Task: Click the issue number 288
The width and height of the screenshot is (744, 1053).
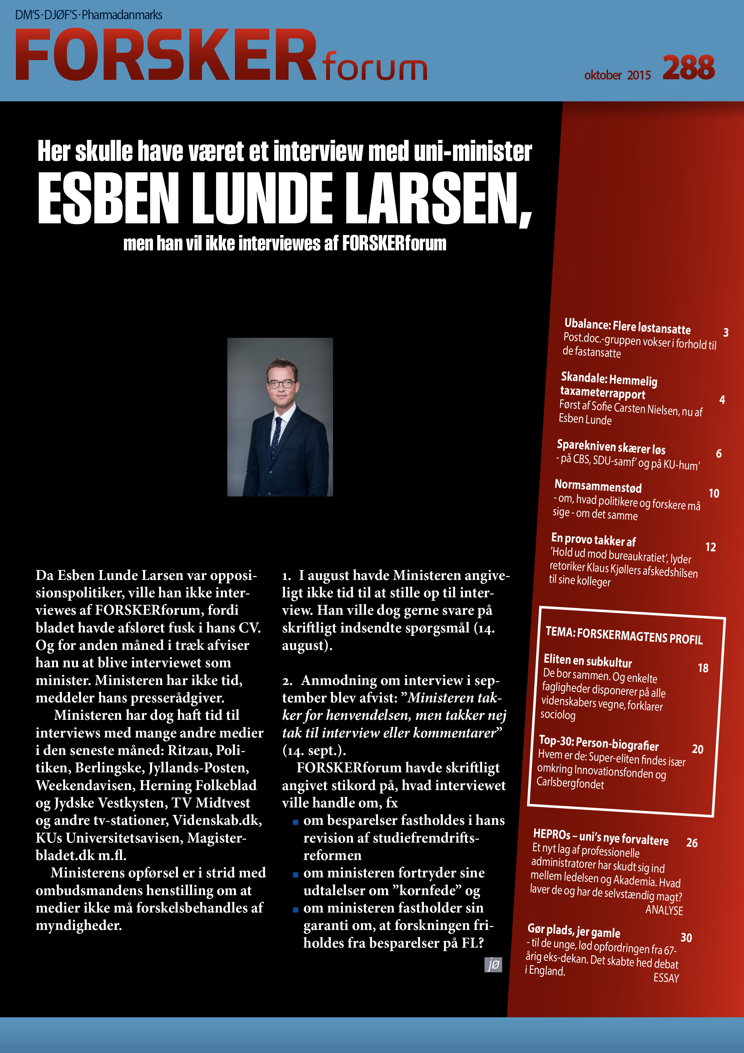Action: coord(688,68)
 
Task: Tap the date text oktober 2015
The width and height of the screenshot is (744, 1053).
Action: coord(617,75)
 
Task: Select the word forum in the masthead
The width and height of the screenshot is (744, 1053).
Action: coord(374,67)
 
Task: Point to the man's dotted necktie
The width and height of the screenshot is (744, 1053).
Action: coord(276,438)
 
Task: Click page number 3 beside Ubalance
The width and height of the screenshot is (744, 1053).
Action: coord(726,333)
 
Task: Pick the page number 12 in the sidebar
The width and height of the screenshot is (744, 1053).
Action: coord(710,547)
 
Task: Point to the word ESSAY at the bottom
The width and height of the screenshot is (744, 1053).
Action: coord(666,978)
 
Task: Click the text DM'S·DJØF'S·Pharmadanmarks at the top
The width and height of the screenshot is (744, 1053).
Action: coord(88,15)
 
